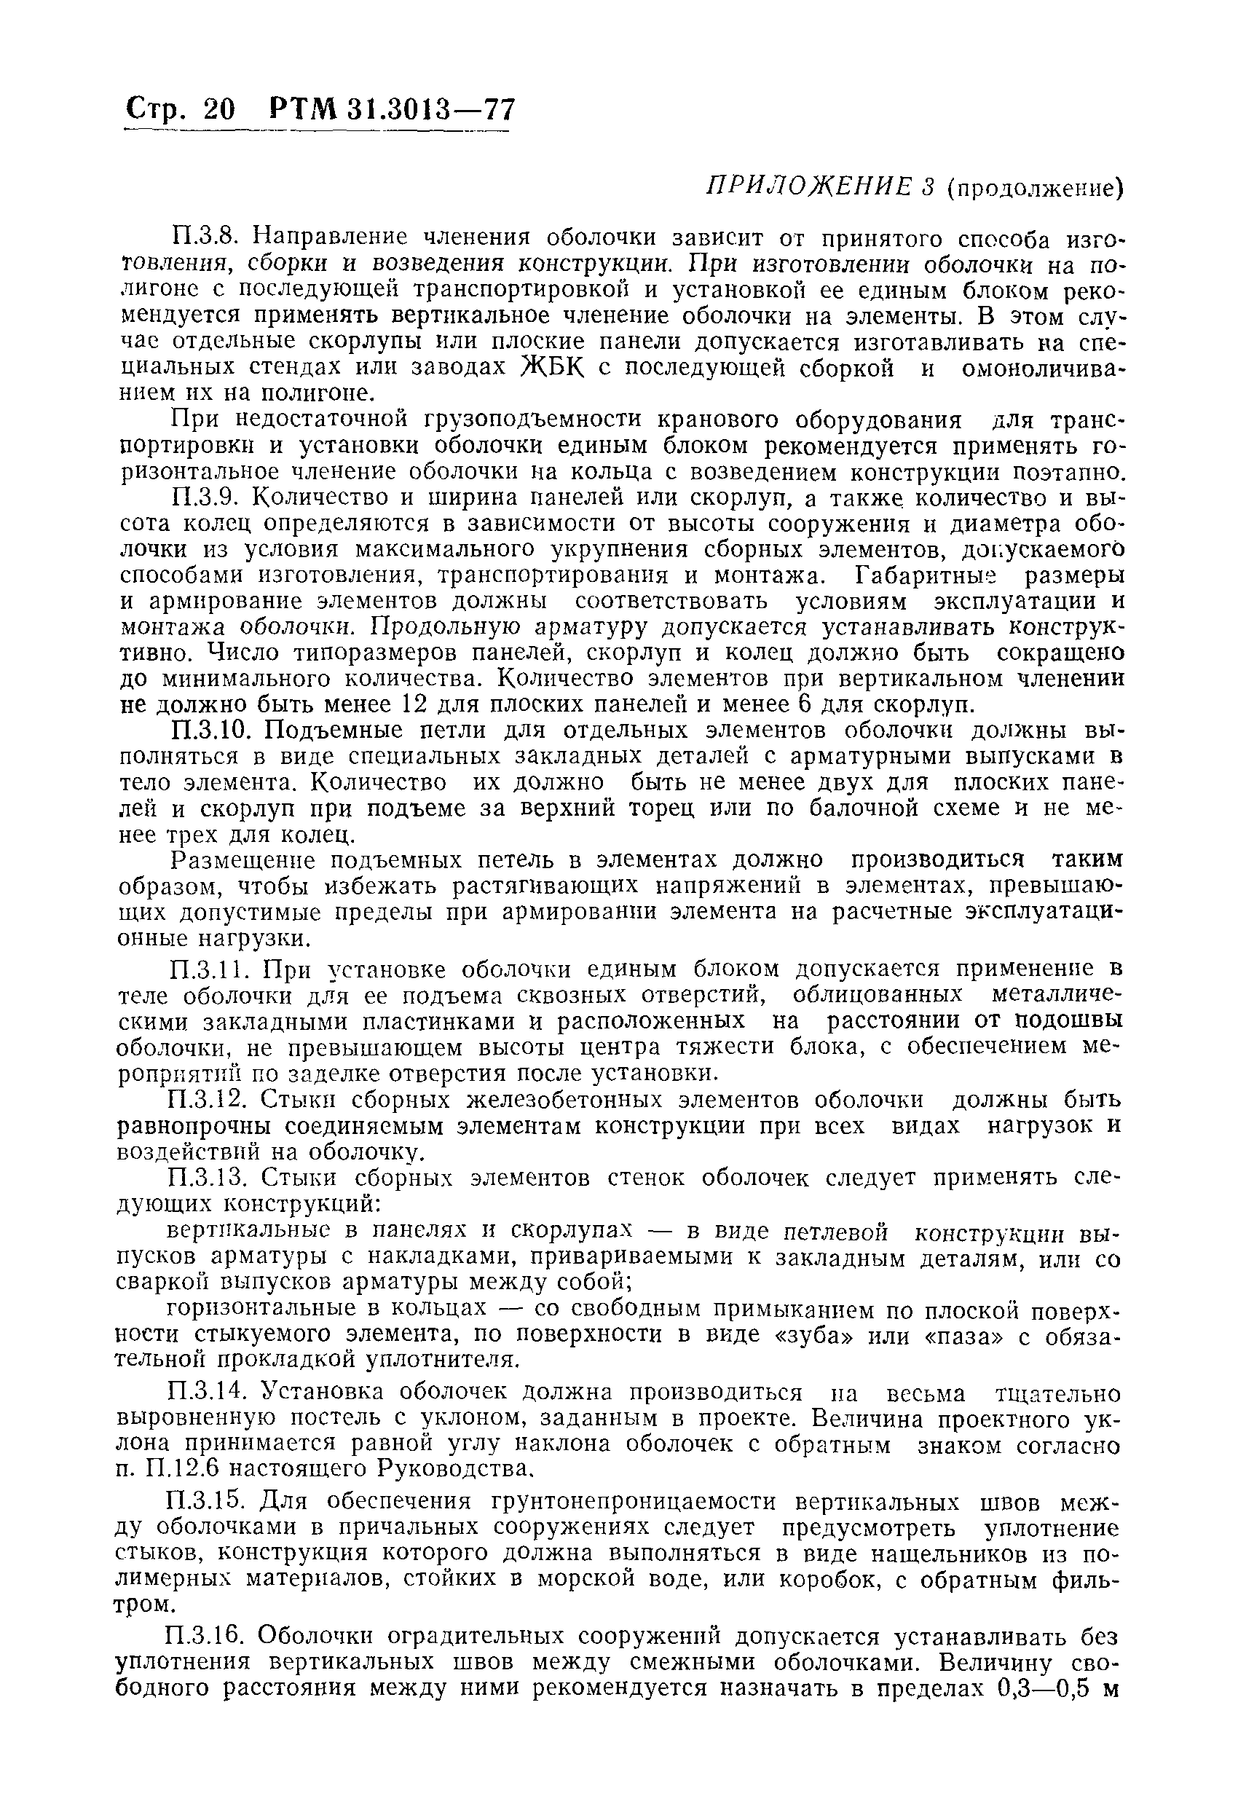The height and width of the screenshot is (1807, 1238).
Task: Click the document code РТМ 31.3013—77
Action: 391,110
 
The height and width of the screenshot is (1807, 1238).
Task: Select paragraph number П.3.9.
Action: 208,497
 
